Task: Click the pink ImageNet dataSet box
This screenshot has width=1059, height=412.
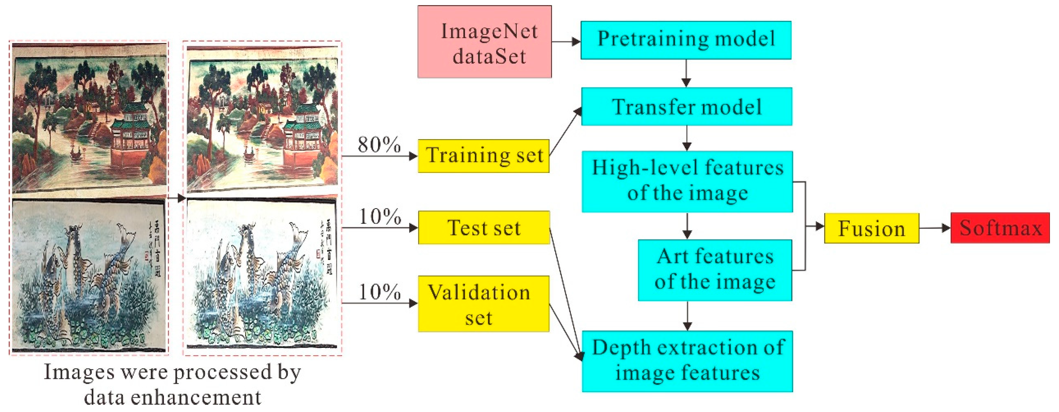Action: click(484, 42)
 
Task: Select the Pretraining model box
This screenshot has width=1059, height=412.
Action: click(686, 40)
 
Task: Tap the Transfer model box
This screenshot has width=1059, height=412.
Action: click(687, 107)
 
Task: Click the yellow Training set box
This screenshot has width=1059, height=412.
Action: click(483, 156)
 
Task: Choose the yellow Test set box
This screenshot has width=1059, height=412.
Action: click(484, 228)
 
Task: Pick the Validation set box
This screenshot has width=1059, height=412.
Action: click(483, 304)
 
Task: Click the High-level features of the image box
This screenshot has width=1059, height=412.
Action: click(687, 182)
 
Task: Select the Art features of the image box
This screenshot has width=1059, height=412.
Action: click(715, 270)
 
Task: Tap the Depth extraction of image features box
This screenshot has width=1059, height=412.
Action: click(687, 361)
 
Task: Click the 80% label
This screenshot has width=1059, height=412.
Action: click(379, 145)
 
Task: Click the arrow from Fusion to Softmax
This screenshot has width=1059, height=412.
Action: click(934, 228)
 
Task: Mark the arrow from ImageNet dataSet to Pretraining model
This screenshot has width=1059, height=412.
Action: click(566, 42)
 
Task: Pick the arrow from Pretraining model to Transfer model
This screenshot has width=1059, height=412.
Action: click(686, 73)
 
